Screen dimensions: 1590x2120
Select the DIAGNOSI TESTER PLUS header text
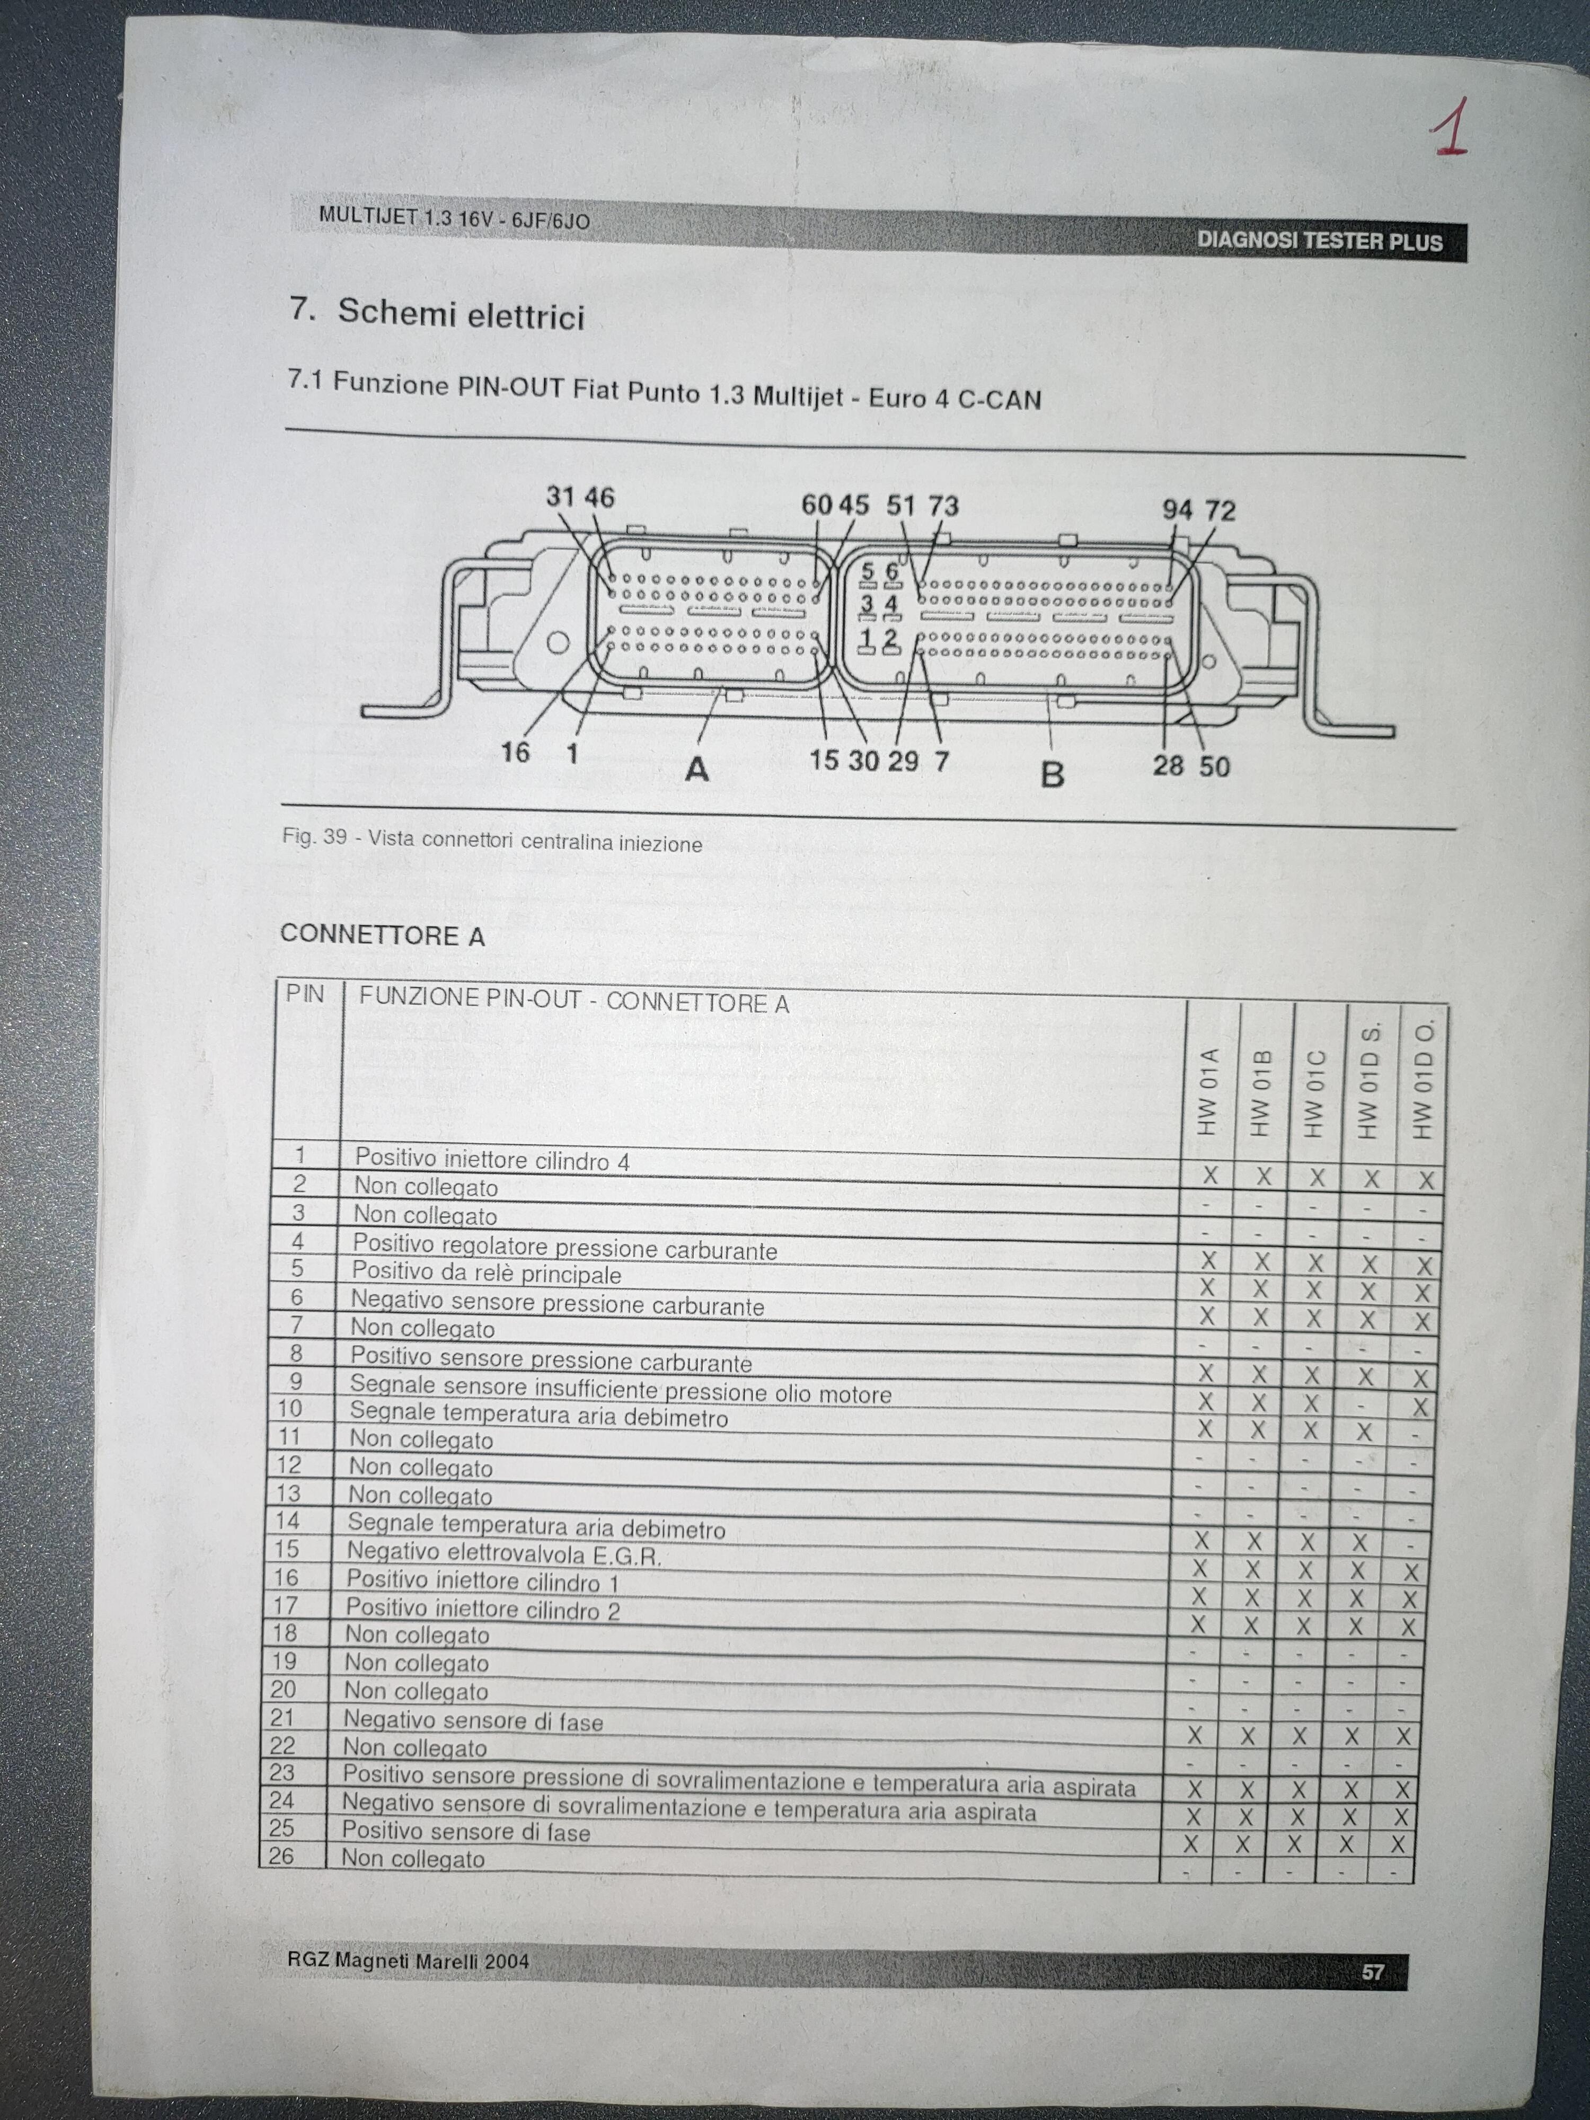(x=1320, y=241)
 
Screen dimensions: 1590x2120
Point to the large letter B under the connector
(x=1053, y=773)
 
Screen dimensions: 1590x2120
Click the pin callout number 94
(x=1177, y=510)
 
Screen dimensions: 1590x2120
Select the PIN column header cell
(x=305, y=994)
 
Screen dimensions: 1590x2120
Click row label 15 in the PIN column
(x=287, y=1549)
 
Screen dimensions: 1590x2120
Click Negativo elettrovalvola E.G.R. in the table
(x=504, y=1552)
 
